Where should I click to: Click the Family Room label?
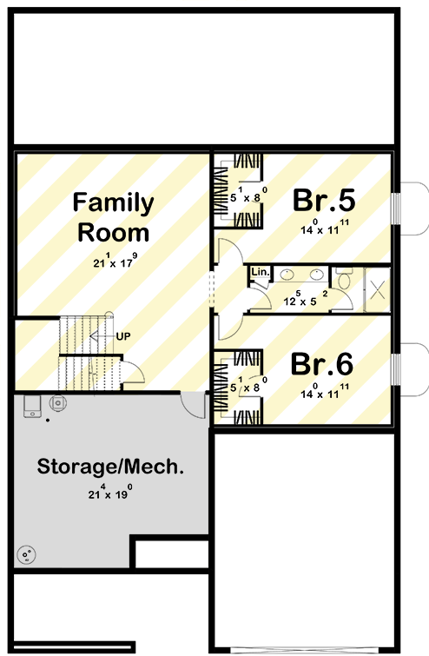click(x=113, y=217)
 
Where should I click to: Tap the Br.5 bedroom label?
click(x=324, y=200)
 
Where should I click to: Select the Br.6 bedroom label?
click(x=322, y=364)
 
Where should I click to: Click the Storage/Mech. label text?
click(x=110, y=466)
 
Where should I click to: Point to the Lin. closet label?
click(x=261, y=271)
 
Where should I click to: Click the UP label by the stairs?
click(x=123, y=336)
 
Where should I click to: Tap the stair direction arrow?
click(x=102, y=336)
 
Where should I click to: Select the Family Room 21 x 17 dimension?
click(x=115, y=261)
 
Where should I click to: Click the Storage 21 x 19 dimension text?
click(x=110, y=492)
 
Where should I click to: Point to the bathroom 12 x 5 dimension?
click(x=306, y=298)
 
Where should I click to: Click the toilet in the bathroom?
click(x=345, y=278)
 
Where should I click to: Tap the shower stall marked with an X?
click(x=377, y=289)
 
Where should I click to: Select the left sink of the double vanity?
click(x=287, y=275)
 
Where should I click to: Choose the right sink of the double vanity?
click(x=317, y=275)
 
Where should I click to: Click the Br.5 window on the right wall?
click(x=396, y=208)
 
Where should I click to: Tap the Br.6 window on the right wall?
click(x=396, y=369)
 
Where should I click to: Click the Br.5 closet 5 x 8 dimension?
click(x=248, y=195)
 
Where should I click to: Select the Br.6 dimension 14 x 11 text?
click(x=325, y=391)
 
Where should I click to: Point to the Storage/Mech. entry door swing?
click(x=193, y=405)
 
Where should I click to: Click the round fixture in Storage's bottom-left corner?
click(x=26, y=555)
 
